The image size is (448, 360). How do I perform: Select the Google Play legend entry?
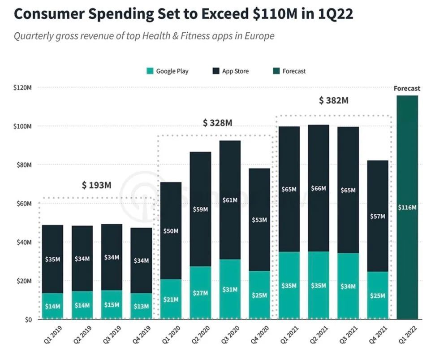click(x=168, y=71)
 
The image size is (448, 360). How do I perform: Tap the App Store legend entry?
click(x=230, y=71)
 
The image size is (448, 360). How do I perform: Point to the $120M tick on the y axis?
click(x=22, y=87)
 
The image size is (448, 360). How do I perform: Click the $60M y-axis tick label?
click(x=22, y=204)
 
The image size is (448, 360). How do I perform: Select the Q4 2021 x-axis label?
click(x=375, y=335)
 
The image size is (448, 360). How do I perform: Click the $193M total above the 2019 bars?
click(x=96, y=185)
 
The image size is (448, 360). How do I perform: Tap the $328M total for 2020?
click(x=217, y=123)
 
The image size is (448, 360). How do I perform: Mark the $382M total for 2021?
click(x=334, y=100)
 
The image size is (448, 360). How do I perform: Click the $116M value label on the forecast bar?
click(x=407, y=208)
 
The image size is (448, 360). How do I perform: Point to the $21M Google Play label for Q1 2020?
click(x=171, y=299)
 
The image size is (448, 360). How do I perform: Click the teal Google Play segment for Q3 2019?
click(x=112, y=305)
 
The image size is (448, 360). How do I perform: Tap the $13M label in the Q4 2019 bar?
click(x=141, y=306)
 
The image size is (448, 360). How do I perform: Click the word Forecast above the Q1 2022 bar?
click(x=407, y=89)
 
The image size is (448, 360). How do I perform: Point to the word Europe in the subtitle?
click(x=261, y=36)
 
